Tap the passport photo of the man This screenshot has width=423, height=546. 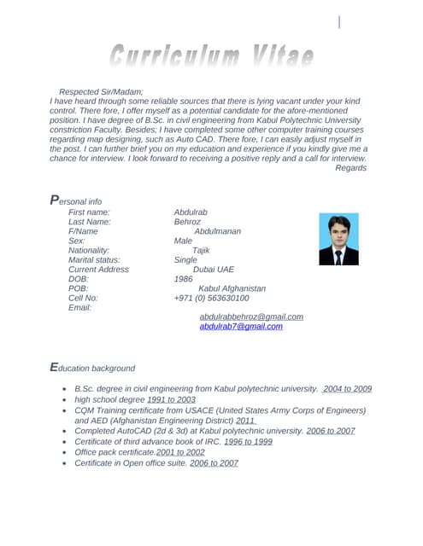tap(338, 240)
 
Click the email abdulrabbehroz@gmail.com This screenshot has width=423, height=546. tap(251, 317)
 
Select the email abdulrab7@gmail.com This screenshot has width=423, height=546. tap(241, 326)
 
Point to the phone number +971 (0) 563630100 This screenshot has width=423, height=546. tap(211, 298)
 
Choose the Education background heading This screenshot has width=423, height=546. tap(93, 367)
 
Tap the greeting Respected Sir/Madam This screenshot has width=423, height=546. tap(101, 91)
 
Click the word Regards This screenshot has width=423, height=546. tap(350, 168)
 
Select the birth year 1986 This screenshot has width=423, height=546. tap(183, 279)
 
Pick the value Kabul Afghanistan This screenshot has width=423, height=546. tap(232, 288)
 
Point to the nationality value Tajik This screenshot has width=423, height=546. tap(201, 250)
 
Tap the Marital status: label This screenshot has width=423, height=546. tap(94, 259)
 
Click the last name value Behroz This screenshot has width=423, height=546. tap(187, 222)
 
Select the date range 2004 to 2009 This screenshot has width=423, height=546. tap(347, 388)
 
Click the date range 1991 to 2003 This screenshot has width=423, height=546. tap(171, 399)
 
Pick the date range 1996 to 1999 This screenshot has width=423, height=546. tap(248, 441)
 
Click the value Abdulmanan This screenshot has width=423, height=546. tap(217, 231)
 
